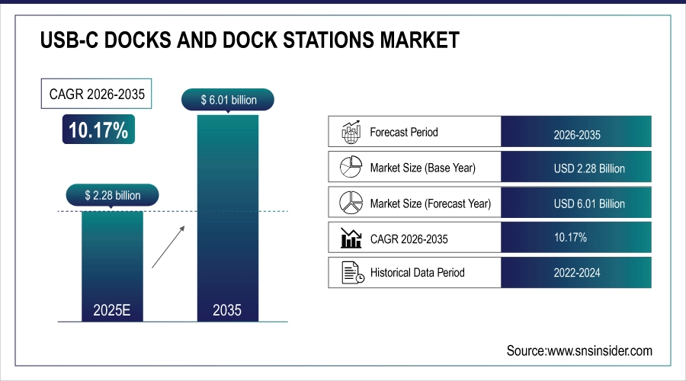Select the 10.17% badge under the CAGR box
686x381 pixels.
tap(98, 130)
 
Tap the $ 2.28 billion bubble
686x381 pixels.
tap(112, 195)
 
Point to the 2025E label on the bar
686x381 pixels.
tap(112, 310)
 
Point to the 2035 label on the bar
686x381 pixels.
tap(227, 310)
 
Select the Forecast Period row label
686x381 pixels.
tap(404, 132)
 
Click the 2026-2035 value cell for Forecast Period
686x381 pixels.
tap(577, 135)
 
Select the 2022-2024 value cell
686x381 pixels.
tap(577, 272)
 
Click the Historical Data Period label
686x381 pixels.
tap(417, 272)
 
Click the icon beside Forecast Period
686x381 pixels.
tap(350, 132)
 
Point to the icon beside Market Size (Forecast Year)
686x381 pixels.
tap(350, 203)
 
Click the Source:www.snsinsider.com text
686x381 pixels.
tap(579, 351)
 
